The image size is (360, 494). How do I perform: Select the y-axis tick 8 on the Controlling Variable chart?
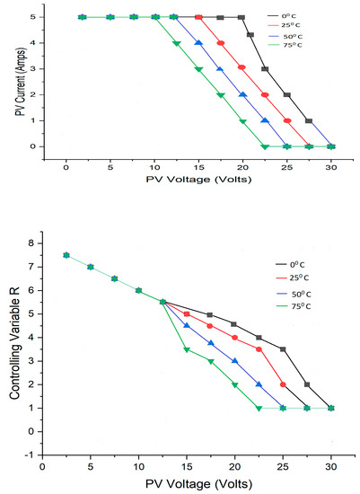[31, 243]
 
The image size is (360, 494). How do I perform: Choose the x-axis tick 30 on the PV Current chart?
[331, 166]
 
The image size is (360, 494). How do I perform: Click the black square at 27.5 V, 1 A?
[309, 120]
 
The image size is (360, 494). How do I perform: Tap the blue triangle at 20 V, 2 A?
[242, 94]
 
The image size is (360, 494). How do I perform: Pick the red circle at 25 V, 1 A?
[287, 120]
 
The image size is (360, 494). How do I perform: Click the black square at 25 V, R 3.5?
[283, 349]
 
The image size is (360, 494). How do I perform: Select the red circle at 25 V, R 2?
[283, 384]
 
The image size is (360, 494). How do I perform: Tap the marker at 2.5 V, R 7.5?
[66, 255]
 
